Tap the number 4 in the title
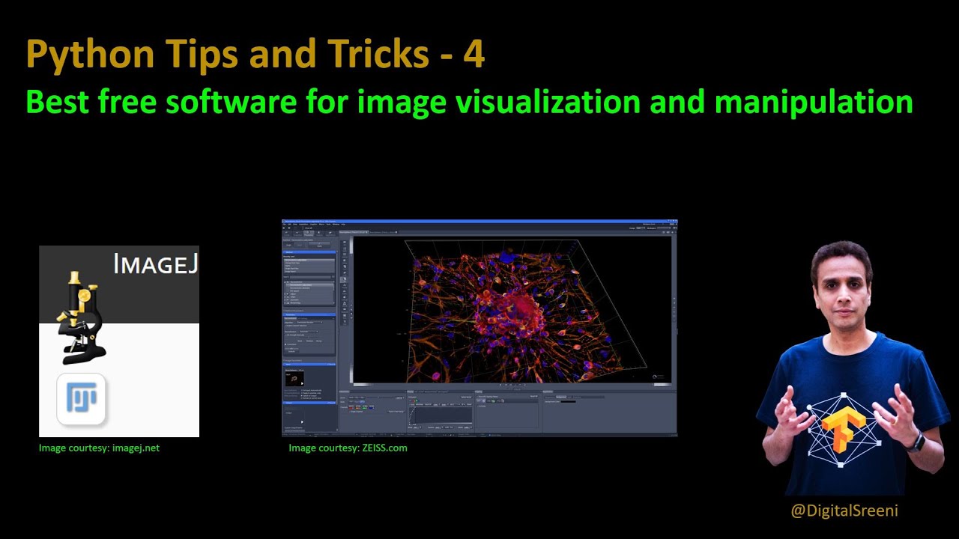tap(474, 54)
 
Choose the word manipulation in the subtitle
tap(814, 102)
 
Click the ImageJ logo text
tap(155, 264)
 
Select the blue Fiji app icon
tap(81, 398)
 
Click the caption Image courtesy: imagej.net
tap(99, 448)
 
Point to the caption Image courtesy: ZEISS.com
tap(348, 448)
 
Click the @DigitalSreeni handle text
tap(844, 511)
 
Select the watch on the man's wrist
tap(916, 442)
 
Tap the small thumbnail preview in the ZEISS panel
tap(294, 379)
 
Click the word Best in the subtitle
tap(54, 101)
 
